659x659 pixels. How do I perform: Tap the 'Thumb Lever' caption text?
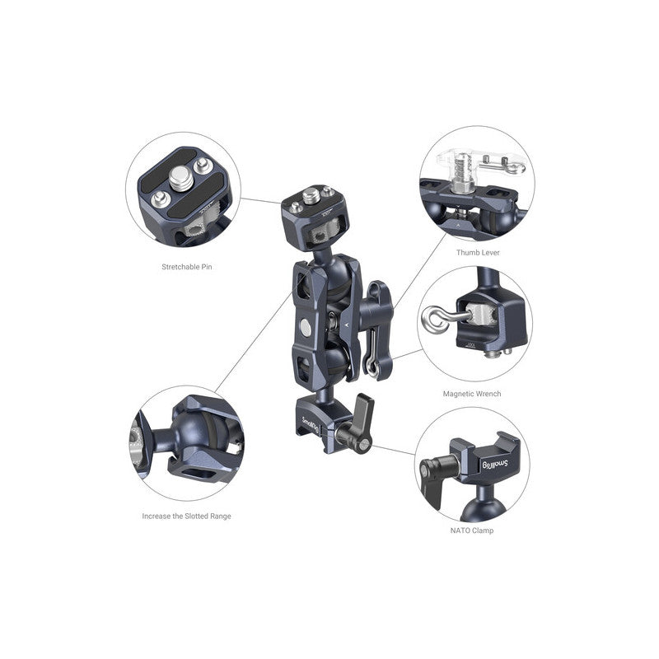[x=478, y=252]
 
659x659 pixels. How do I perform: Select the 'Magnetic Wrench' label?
[x=471, y=394]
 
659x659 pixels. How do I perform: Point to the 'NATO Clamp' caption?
[x=472, y=530]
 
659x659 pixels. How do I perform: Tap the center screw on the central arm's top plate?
[x=309, y=198]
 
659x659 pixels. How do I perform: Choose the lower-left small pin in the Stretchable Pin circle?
[x=162, y=199]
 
